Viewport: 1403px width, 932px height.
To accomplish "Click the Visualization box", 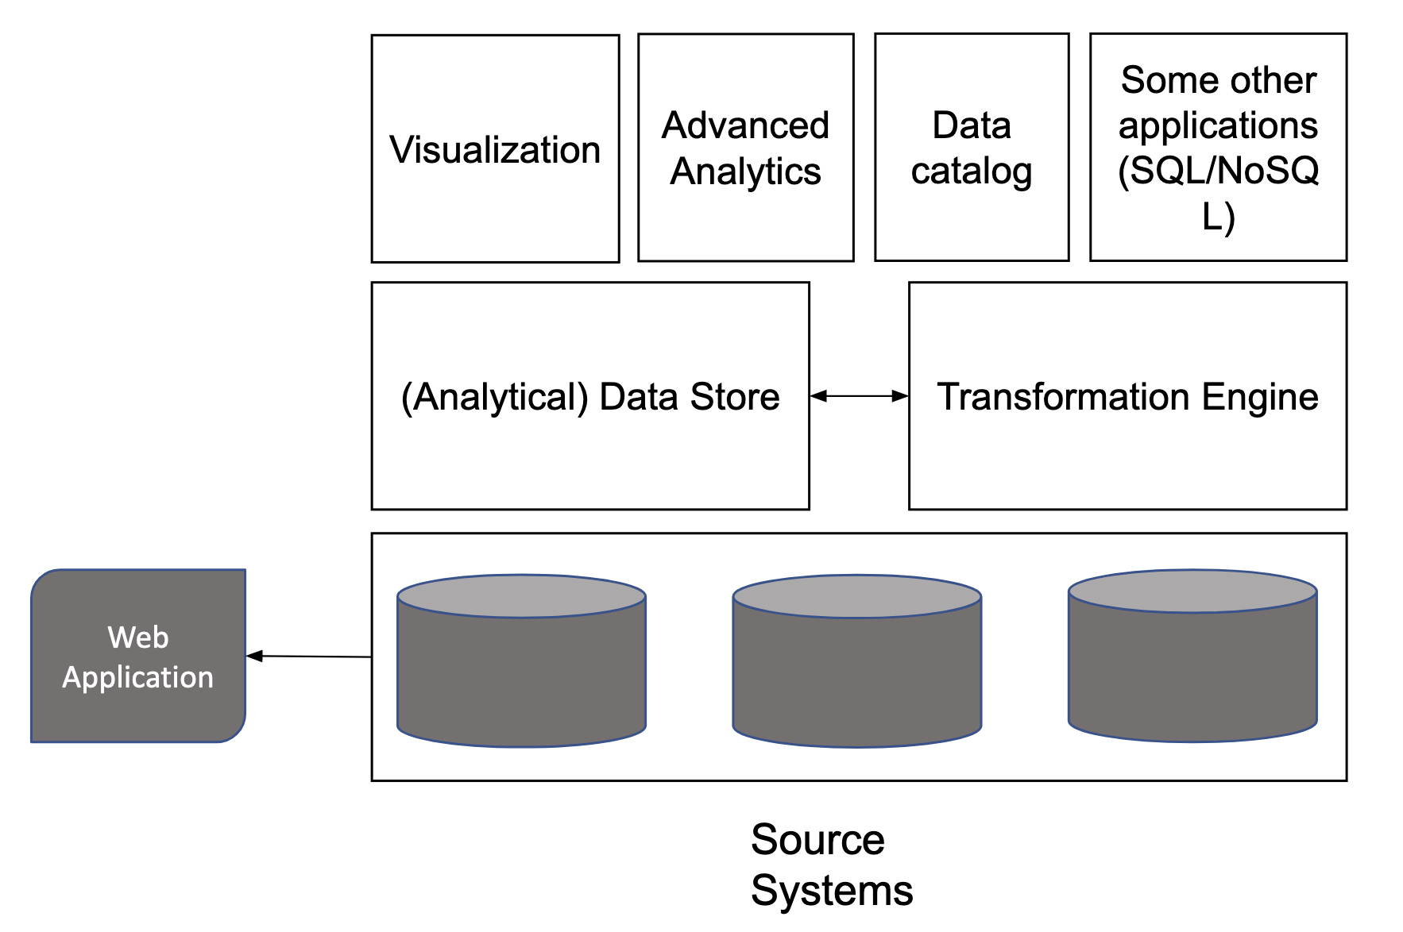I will (495, 149).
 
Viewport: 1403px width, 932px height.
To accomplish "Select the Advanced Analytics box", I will (745, 148).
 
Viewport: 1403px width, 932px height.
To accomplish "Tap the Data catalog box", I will (971, 148).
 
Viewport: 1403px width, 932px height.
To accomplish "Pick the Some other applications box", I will (1218, 148).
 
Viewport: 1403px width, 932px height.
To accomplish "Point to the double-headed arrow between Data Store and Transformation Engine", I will (859, 395).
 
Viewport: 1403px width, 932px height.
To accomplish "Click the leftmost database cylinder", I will (521, 661).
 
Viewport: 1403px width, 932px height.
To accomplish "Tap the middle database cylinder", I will (856, 661).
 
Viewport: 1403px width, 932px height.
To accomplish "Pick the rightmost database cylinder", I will (1192, 657).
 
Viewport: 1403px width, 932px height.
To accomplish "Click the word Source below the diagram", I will (817, 839).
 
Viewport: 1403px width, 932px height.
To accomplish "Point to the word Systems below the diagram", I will (832, 890).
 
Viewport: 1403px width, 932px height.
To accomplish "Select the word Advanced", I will (745, 125).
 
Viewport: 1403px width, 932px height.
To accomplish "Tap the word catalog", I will (971, 171).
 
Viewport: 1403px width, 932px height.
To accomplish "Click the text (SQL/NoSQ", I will (1218, 170).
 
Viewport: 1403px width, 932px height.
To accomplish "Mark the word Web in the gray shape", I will (138, 637).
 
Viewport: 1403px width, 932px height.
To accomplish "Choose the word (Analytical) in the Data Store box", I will (494, 397).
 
